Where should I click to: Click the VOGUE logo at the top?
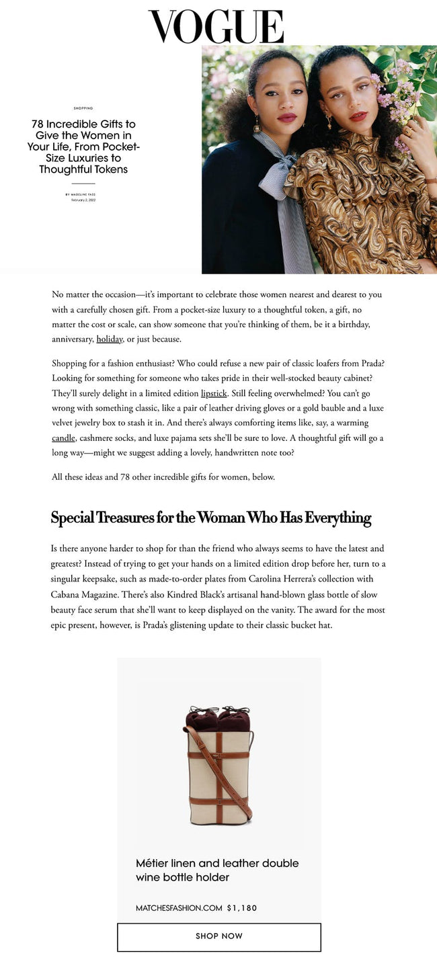click(216, 27)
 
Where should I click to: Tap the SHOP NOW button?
click(218, 936)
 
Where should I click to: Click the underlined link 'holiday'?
click(110, 339)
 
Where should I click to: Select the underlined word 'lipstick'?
click(214, 393)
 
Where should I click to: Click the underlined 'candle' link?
click(63, 438)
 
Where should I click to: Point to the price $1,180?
click(242, 908)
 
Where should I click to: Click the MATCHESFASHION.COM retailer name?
click(179, 908)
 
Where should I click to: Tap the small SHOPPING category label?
click(83, 108)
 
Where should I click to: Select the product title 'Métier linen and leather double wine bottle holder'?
click(217, 870)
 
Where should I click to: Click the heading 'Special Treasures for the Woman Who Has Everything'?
click(211, 518)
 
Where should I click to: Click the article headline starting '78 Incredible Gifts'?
click(83, 147)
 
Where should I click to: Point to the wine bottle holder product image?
click(218, 766)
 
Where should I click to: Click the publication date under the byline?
click(83, 200)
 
